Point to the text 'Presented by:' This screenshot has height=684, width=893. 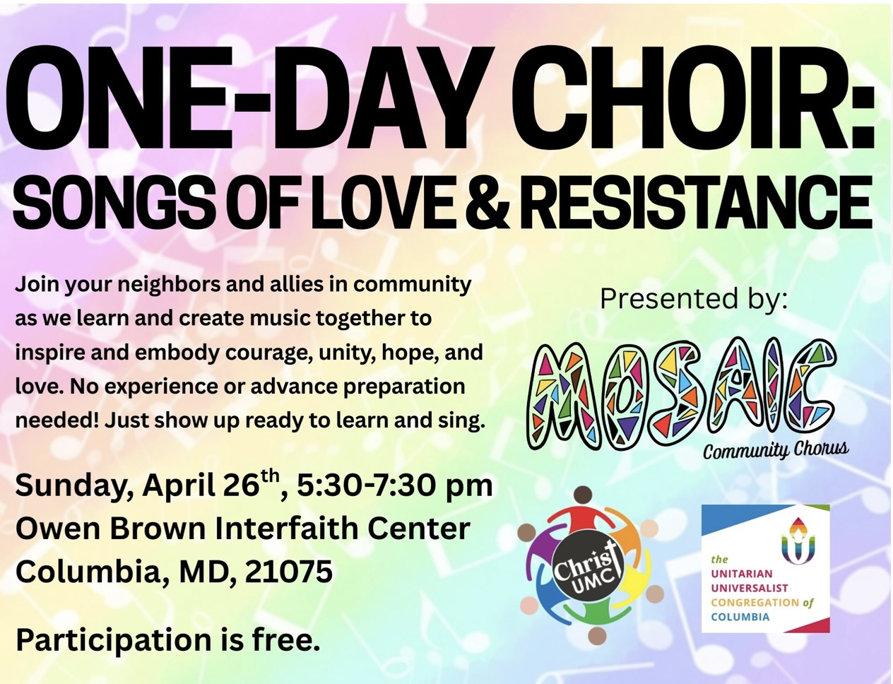694,300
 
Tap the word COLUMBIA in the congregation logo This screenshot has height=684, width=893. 740,617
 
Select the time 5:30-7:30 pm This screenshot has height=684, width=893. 394,486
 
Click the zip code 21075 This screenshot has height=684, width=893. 288,572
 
